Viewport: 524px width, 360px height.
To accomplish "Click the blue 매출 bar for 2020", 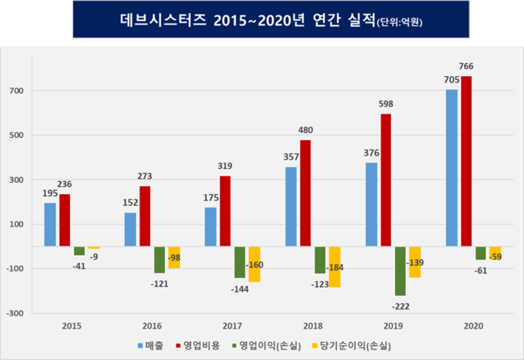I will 452,168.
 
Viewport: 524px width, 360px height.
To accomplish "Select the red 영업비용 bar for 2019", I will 385,180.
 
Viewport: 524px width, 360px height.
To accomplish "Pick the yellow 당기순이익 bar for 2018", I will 334,267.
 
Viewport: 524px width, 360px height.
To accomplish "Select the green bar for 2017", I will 240,262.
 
